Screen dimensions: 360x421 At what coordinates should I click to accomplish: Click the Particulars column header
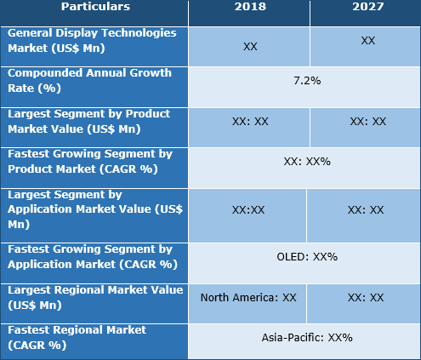click(94, 7)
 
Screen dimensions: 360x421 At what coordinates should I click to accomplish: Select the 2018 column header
click(249, 7)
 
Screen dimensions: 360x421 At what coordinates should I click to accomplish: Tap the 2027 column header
click(366, 7)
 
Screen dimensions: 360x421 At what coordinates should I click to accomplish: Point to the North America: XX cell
click(248, 298)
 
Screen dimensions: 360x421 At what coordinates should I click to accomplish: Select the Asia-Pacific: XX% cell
click(307, 338)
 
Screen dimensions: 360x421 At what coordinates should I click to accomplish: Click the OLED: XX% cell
click(307, 256)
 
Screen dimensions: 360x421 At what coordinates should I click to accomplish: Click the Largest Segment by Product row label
click(89, 120)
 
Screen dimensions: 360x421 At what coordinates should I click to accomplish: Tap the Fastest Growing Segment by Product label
click(89, 161)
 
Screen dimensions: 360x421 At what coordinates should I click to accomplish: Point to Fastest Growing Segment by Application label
click(89, 256)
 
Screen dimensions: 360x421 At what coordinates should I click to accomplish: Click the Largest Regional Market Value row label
click(94, 297)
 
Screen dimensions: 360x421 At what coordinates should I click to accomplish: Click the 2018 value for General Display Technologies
click(249, 46)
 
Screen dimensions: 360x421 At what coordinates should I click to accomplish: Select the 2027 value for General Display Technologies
click(367, 41)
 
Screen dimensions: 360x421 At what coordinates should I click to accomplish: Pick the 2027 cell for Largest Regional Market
click(367, 298)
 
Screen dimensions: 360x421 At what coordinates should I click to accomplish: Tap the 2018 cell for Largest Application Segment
click(248, 209)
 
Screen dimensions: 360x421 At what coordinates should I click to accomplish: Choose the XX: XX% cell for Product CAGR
click(307, 161)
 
